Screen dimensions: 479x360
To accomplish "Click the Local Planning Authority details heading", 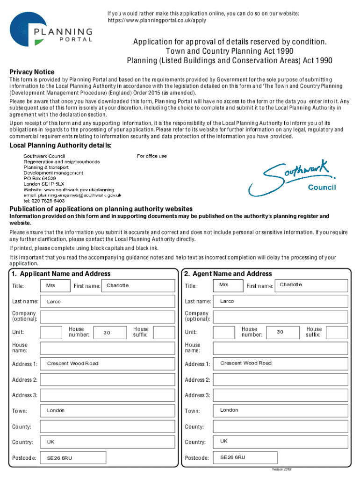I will (x=61, y=146).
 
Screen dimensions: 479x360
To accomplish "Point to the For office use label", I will (x=151, y=156).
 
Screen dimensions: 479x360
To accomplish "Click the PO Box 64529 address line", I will (x=40, y=179).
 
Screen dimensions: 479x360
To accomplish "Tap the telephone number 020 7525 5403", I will (x=44, y=201).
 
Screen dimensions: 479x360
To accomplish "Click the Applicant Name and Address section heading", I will (x=61, y=274).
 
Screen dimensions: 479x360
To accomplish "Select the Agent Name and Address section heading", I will (x=228, y=274).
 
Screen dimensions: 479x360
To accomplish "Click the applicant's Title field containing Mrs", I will (x=55, y=286).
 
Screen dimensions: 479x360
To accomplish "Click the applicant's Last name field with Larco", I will (x=108, y=302).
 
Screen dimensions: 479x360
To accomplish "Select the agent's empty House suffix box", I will (x=337, y=333).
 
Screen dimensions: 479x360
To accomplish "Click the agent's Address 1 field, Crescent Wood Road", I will (x=281, y=363).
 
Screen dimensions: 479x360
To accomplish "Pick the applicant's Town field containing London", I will (x=108, y=411).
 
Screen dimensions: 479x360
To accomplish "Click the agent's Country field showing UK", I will (x=281, y=442).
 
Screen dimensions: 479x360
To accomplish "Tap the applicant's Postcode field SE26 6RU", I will (x=108, y=458).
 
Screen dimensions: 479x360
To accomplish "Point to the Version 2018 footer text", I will (x=281, y=469).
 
